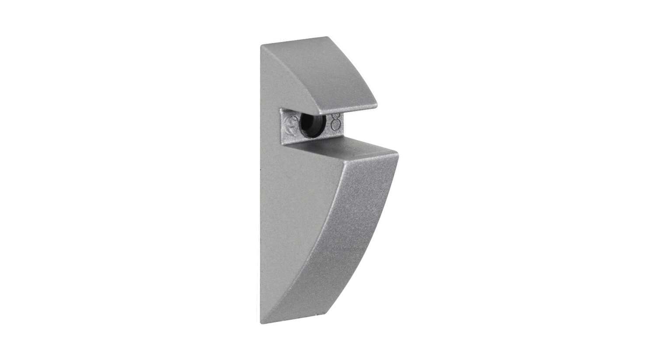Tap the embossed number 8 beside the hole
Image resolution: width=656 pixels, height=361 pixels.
coord(336,122)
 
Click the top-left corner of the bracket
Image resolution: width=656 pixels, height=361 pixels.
coord(262,45)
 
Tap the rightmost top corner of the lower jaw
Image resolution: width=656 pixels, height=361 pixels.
coord(397,152)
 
